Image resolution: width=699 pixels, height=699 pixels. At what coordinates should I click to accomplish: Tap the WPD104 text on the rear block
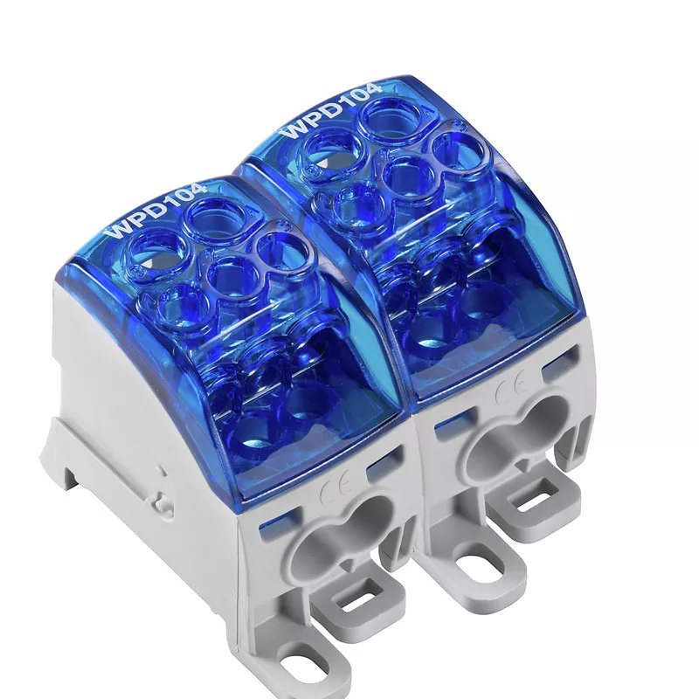click(x=330, y=110)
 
